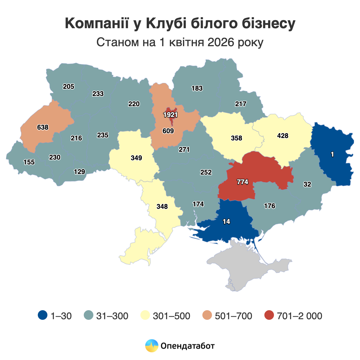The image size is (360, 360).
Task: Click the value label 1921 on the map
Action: pos(171,115)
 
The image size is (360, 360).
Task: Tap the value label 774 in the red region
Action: pos(242,182)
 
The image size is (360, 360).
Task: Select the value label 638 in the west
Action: pos(43,127)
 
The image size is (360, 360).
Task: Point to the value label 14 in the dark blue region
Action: pos(226,222)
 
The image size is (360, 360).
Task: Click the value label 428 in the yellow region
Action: pos(283,136)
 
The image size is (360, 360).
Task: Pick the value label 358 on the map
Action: pos(236,138)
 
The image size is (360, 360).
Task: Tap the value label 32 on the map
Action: pos(307,184)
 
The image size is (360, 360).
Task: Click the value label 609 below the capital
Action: pos(168,131)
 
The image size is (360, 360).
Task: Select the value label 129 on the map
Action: pos(79,172)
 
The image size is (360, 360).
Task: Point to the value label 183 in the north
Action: pos(197,88)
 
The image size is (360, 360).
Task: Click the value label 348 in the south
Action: pos(162,207)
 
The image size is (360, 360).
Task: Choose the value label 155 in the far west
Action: pos(29,162)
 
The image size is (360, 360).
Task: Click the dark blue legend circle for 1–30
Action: pos(43,315)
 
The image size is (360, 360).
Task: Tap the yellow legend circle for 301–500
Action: pos(145,315)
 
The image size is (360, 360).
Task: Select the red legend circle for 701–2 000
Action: pos(269,315)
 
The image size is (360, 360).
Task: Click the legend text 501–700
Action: pos(233,316)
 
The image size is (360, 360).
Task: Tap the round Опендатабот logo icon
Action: pos(151,346)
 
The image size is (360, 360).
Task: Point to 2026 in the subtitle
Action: pos(220,42)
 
